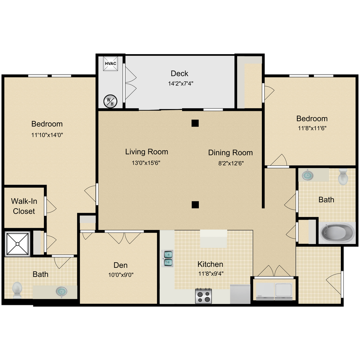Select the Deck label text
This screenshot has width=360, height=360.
point(179,73)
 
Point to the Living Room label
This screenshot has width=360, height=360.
point(146,151)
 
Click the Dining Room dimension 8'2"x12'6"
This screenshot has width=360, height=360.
point(230,163)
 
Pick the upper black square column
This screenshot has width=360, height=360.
point(195,123)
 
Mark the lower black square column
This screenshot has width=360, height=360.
point(195,204)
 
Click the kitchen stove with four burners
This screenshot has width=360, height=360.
point(204,296)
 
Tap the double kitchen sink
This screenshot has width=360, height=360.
point(168,258)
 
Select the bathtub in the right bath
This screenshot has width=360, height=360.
point(337,233)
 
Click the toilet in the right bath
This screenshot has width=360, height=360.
point(343,177)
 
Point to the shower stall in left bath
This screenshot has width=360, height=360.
point(17,244)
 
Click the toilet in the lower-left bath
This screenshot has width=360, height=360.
point(17,289)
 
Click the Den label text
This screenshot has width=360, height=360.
point(120,265)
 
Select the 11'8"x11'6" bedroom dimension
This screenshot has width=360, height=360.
point(312,128)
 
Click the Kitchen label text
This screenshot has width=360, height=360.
point(210,264)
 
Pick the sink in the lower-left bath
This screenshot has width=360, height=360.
point(62,291)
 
